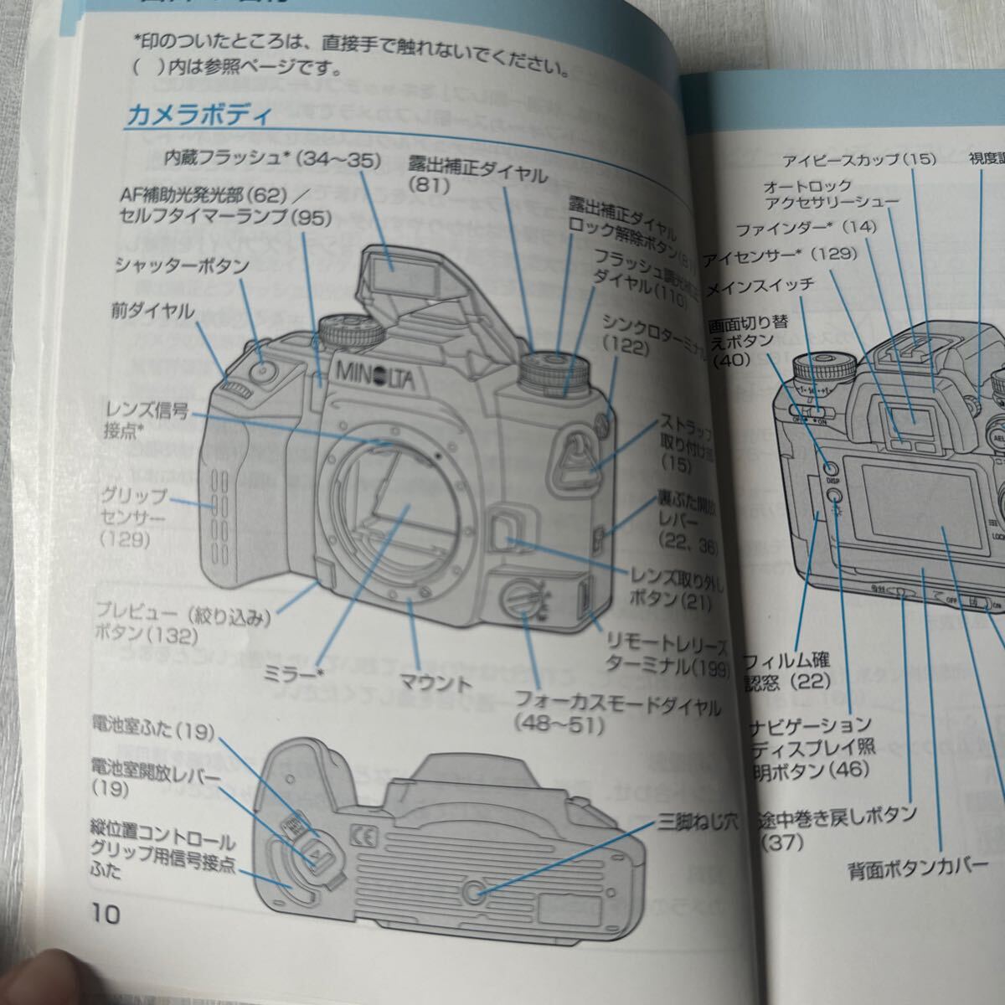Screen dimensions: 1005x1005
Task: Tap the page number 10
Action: coord(106,912)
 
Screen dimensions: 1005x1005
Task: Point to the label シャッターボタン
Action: coord(183,267)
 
